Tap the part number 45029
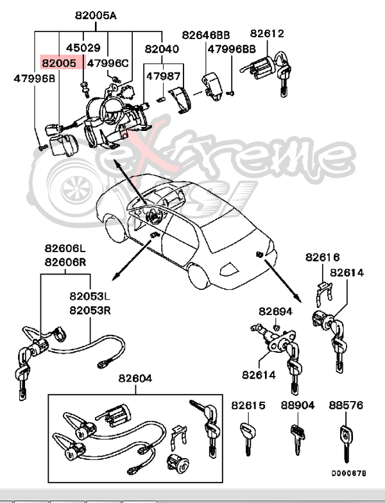coord(83,48)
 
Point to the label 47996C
coord(108,63)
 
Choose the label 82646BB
coord(205,35)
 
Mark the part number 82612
coord(267,33)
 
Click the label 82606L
coord(65,249)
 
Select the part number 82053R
coord(90,311)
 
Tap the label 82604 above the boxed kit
coord(135,379)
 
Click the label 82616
coord(322,257)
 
